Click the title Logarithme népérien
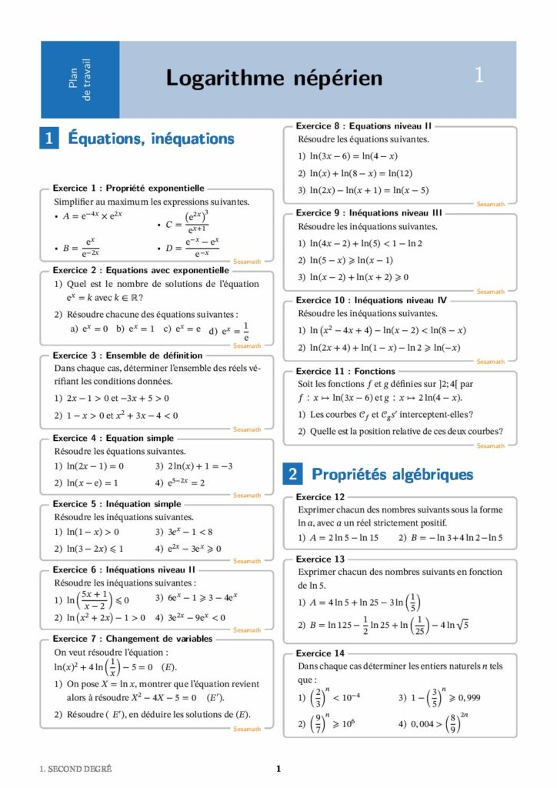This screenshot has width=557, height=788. point(274,78)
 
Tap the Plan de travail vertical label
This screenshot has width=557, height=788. point(79,78)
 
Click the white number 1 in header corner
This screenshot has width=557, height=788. point(479,75)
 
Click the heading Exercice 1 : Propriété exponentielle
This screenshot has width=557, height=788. point(128,187)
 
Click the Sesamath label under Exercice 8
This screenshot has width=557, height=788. point(491,204)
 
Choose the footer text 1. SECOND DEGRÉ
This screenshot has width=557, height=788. point(75,769)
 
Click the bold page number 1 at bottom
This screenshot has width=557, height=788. point(278,769)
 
